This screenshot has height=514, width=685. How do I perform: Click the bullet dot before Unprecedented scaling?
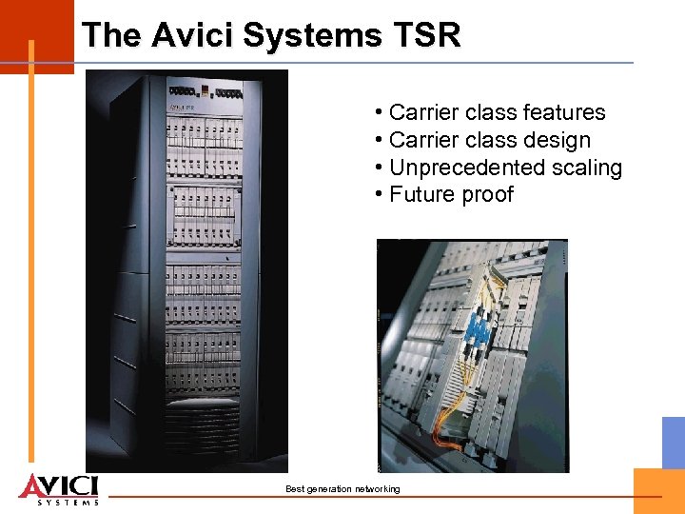tap(380, 168)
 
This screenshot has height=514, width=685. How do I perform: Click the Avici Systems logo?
tap(58, 488)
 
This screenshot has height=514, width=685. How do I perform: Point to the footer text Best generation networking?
tap(342, 489)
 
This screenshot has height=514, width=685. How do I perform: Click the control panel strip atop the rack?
tap(205, 92)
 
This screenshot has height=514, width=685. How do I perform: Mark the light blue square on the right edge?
tap(674, 442)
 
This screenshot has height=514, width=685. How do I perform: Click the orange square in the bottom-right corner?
tap(659, 491)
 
